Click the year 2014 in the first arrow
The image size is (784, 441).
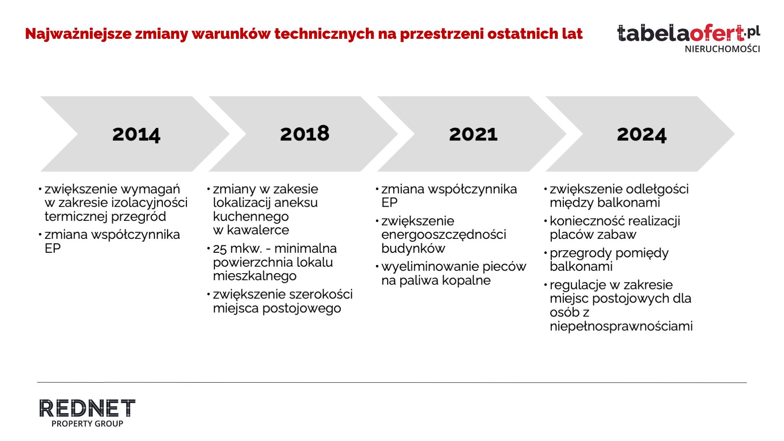pos(136,134)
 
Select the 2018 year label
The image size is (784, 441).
pos(305,134)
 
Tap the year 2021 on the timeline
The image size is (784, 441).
pos(473,134)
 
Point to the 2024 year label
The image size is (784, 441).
pos(641,134)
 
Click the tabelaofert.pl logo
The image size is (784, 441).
pos(688,33)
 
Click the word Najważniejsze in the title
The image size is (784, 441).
pos(78,33)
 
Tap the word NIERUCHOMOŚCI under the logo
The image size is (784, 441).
pos(722,49)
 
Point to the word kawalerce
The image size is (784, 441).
pos(258,230)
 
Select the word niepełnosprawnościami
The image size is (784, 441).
pos(621,326)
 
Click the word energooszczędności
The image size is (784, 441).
pos(443,235)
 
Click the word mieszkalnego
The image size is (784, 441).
pos(255,276)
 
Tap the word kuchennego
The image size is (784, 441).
pos(251,216)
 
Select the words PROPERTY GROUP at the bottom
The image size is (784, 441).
pos(87,424)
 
